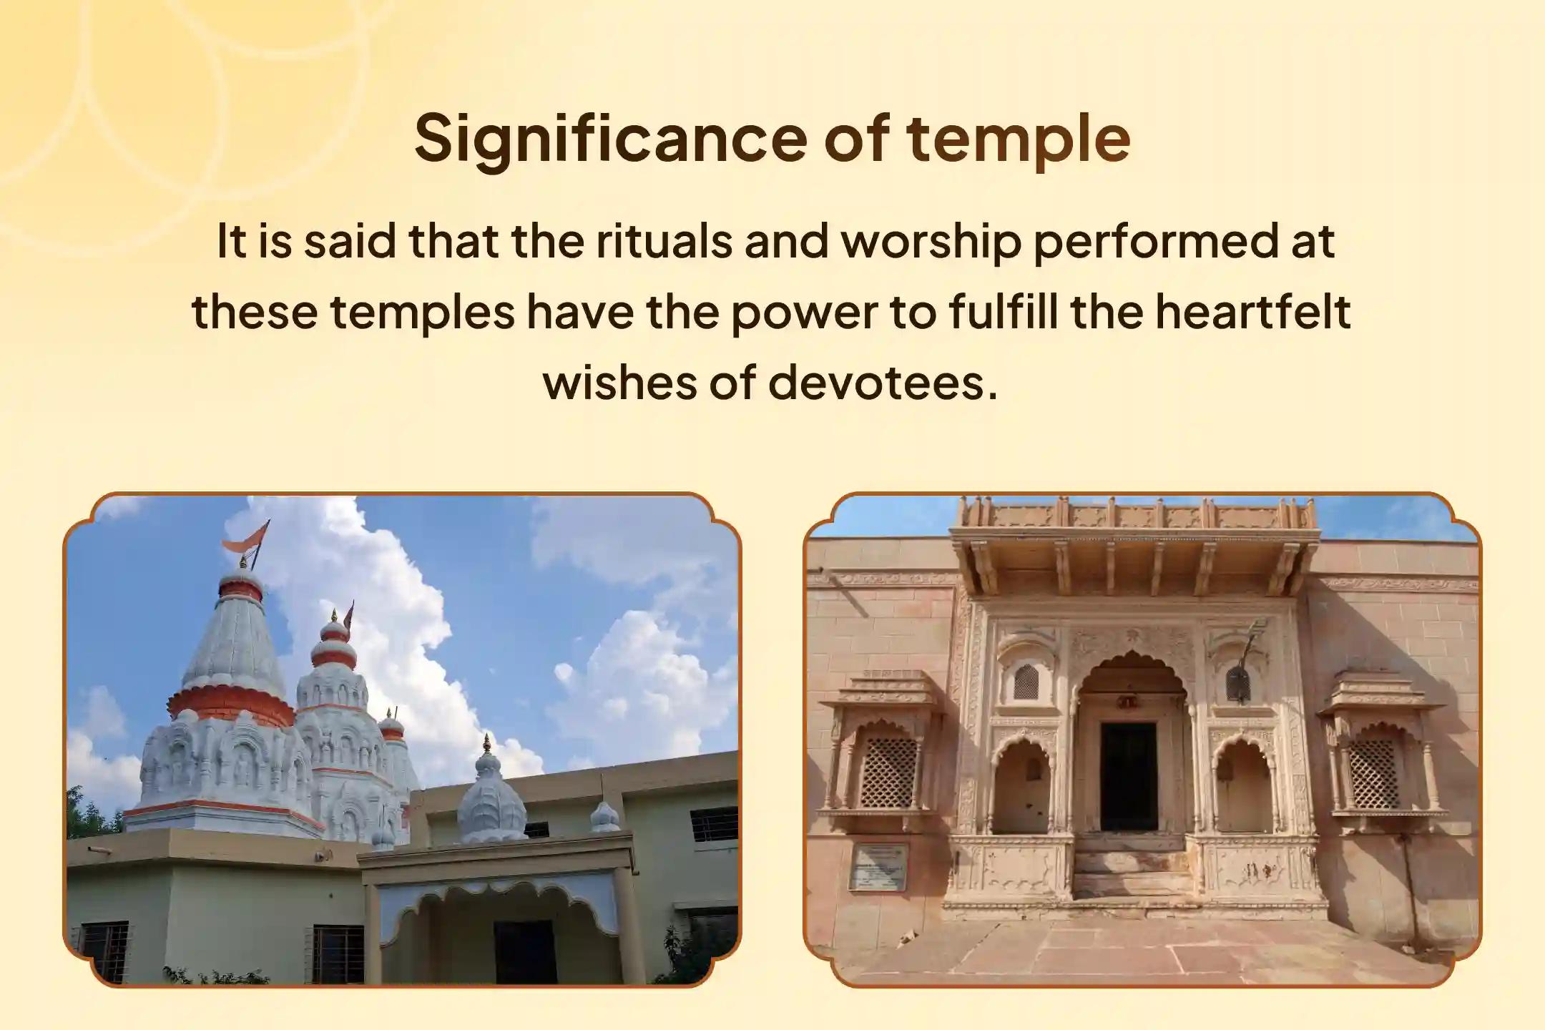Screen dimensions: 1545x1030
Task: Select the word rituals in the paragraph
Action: coord(664,241)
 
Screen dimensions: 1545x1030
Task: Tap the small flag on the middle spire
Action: coord(348,617)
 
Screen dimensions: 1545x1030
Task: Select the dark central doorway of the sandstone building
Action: coord(1128,775)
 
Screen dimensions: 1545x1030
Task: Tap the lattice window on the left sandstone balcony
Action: coord(888,773)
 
